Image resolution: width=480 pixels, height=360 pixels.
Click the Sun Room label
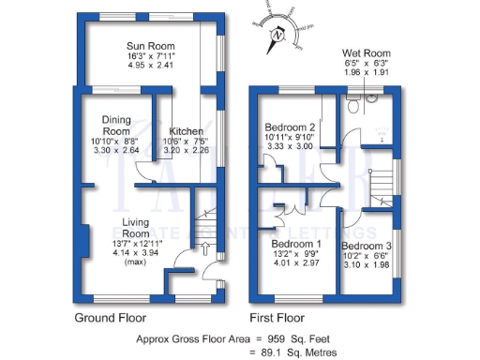pyautogui.click(x=146, y=44)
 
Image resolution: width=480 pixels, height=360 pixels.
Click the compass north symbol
pyautogui.click(x=277, y=37)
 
